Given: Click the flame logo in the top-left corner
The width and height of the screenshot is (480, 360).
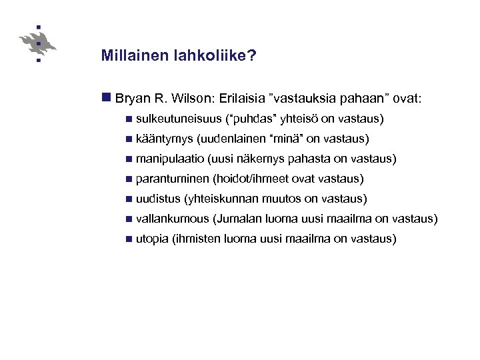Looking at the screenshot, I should point(39,43).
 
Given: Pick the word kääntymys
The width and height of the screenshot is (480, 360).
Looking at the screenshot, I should point(165,139).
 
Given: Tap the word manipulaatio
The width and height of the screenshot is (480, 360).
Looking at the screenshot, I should point(170,159).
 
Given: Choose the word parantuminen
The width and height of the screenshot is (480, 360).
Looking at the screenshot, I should point(171,179).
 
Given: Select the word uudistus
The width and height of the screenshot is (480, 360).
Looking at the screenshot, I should point(158,199).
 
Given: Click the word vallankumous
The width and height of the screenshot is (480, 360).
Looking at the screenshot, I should point(171,219).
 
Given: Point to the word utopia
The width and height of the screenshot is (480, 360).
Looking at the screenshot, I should point(151,239).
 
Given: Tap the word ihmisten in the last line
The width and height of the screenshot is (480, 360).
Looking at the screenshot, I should point(197,239).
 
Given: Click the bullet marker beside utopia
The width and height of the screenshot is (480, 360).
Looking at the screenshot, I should point(128,239).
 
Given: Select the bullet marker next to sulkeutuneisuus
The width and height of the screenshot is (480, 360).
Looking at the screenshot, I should point(128,119).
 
